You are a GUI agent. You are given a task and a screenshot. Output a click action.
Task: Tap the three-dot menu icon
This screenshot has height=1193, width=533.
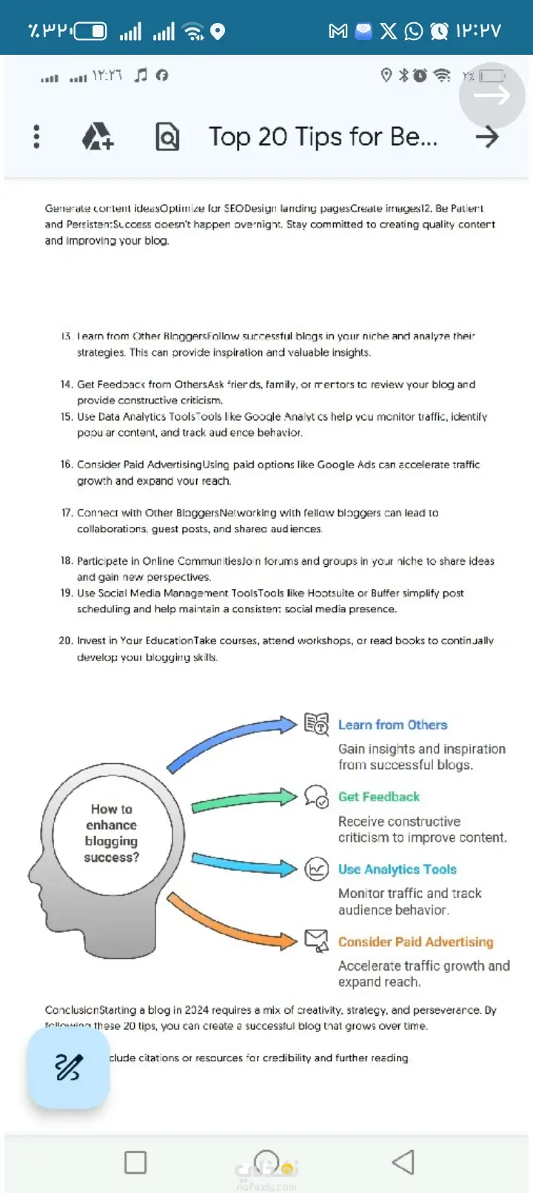click(x=36, y=136)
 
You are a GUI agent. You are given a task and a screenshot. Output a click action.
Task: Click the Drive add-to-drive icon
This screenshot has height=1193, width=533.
click(x=98, y=136)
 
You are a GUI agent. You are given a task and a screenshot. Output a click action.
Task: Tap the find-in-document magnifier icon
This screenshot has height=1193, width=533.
click(x=167, y=137)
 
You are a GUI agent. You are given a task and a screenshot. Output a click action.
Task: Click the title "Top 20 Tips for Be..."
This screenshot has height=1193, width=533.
click(x=323, y=137)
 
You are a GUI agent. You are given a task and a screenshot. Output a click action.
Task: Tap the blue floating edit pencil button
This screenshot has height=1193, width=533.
click(x=68, y=1067)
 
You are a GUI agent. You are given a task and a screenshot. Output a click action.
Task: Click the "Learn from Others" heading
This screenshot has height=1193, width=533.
click(x=392, y=725)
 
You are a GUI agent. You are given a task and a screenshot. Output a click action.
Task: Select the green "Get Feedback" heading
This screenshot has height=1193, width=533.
click(x=378, y=797)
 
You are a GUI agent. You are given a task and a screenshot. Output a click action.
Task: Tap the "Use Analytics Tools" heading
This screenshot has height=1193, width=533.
click(x=397, y=869)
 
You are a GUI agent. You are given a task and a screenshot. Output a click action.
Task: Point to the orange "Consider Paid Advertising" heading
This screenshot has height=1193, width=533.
click(x=415, y=942)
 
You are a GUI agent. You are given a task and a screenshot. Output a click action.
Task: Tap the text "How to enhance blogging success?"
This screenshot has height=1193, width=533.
click(x=111, y=833)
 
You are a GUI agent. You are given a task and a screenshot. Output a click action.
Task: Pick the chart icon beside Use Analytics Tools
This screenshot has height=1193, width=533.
click(x=317, y=868)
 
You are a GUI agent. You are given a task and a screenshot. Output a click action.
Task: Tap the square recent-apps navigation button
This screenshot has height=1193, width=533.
click(x=135, y=1162)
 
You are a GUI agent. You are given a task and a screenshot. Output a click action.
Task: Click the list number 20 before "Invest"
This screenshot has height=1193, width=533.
click(x=65, y=640)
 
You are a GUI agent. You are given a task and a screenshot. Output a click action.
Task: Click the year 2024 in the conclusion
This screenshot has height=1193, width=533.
click(x=196, y=1010)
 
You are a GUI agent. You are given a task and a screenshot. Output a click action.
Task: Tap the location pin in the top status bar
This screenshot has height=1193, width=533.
click(x=218, y=31)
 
